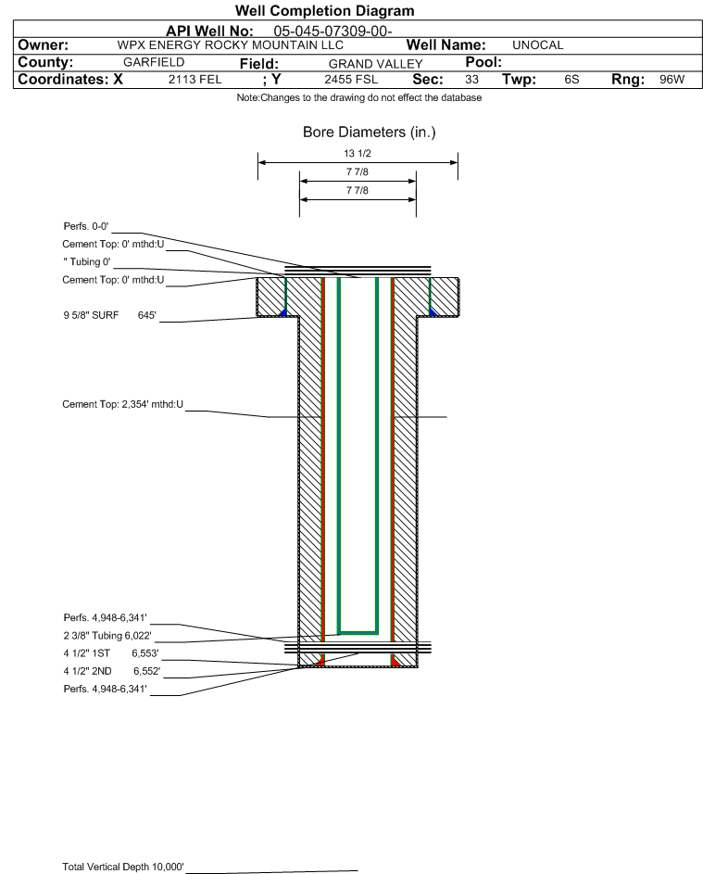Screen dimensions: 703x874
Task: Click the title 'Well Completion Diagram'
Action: tap(325, 10)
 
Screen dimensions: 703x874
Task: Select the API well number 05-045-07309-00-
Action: tap(333, 32)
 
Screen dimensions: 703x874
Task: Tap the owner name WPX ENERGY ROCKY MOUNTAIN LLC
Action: tap(230, 45)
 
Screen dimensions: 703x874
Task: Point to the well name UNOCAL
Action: tap(537, 45)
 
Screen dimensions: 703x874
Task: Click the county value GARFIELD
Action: tap(154, 62)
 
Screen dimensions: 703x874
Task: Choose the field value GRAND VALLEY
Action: tap(375, 64)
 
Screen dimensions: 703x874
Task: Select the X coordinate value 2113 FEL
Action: tap(195, 80)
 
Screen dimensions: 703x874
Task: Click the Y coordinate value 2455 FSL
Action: tap(351, 80)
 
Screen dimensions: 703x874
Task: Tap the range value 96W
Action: tap(672, 80)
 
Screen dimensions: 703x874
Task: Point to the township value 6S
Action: tap(571, 80)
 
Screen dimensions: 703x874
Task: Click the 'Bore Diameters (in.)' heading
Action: tap(370, 133)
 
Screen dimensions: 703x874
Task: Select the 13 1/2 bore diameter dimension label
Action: tap(358, 153)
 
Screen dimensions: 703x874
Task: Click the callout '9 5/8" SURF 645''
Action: tap(109, 315)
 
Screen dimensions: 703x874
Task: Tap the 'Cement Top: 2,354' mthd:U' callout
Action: tap(122, 405)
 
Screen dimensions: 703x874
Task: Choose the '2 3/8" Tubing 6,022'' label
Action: tap(107, 636)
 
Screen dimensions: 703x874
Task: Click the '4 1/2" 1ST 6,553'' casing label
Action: tap(111, 653)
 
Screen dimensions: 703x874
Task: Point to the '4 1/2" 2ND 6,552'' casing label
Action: tap(111, 671)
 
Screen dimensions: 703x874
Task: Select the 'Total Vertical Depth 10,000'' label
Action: tap(123, 867)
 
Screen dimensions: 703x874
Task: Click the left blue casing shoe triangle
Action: tap(283, 312)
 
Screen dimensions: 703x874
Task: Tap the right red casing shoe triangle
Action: tap(395, 662)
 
